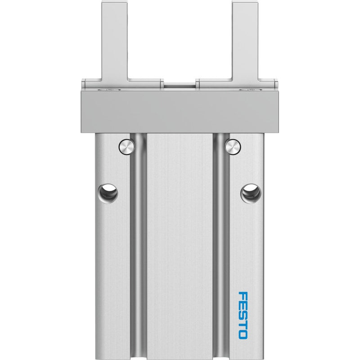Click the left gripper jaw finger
tap(115, 41)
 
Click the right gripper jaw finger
tap(245, 41)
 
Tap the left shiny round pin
tap(126, 147)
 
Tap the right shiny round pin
tap(233, 147)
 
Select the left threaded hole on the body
tap(108, 193)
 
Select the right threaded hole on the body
tap(251, 193)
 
